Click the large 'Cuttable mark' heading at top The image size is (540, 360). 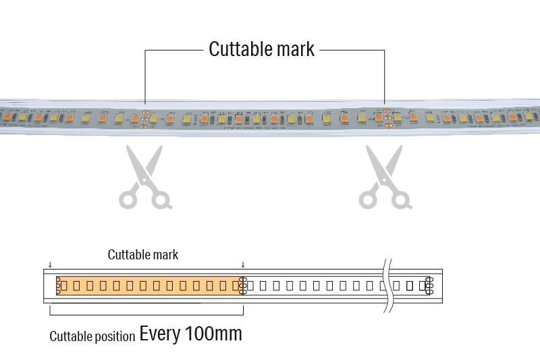261,49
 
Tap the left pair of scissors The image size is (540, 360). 145,176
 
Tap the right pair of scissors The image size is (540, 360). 385,176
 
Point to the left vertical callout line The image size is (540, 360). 145,78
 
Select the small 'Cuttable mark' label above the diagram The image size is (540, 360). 143,255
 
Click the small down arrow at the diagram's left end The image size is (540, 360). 50,265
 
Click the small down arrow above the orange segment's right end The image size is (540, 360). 243,265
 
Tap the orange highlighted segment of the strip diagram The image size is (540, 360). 148,286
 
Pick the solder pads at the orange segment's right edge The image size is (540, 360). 243,286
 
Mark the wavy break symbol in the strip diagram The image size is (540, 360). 387,286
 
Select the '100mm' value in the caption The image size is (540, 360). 211,334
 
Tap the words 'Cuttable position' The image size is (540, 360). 92,336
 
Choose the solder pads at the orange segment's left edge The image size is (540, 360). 58,286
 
